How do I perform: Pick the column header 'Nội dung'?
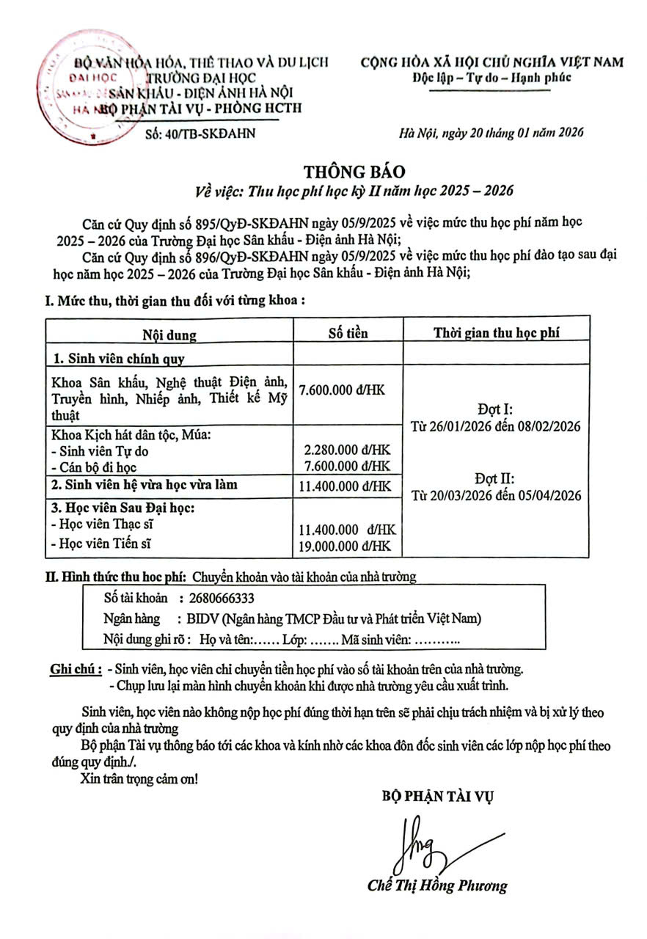click(169, 335)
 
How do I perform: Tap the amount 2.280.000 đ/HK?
click(348, 451)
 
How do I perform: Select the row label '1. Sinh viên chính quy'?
click(119, 359)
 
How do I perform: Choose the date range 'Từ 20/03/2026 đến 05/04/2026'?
click(496, 495)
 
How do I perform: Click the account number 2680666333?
click(222, 599)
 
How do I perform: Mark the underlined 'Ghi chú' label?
click(74, 669)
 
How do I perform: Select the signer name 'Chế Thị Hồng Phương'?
click(437, 885)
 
